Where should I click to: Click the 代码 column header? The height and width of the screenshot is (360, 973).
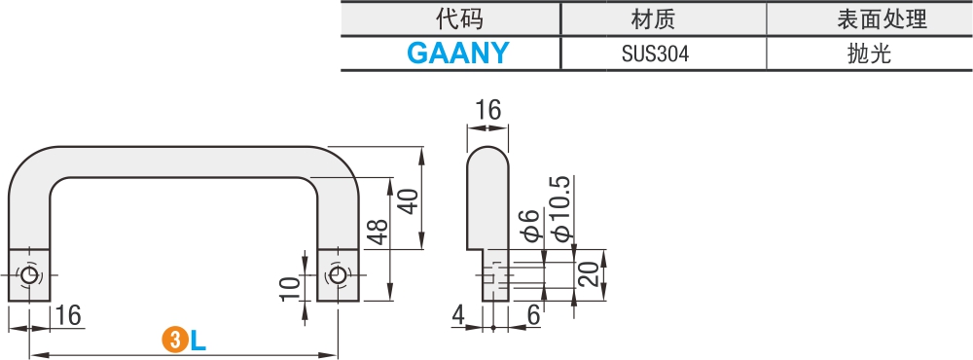click(457, 18)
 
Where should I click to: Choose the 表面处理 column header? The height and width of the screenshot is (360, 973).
click(869, 18)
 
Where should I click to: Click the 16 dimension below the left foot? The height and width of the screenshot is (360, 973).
click(67, 315)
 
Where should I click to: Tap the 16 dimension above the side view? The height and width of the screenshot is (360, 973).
click(487, 110)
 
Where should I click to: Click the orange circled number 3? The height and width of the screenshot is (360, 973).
click(173, 341)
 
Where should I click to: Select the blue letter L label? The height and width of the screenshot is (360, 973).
click(198, 341)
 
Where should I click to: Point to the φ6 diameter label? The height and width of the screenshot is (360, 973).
click(530, 225)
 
